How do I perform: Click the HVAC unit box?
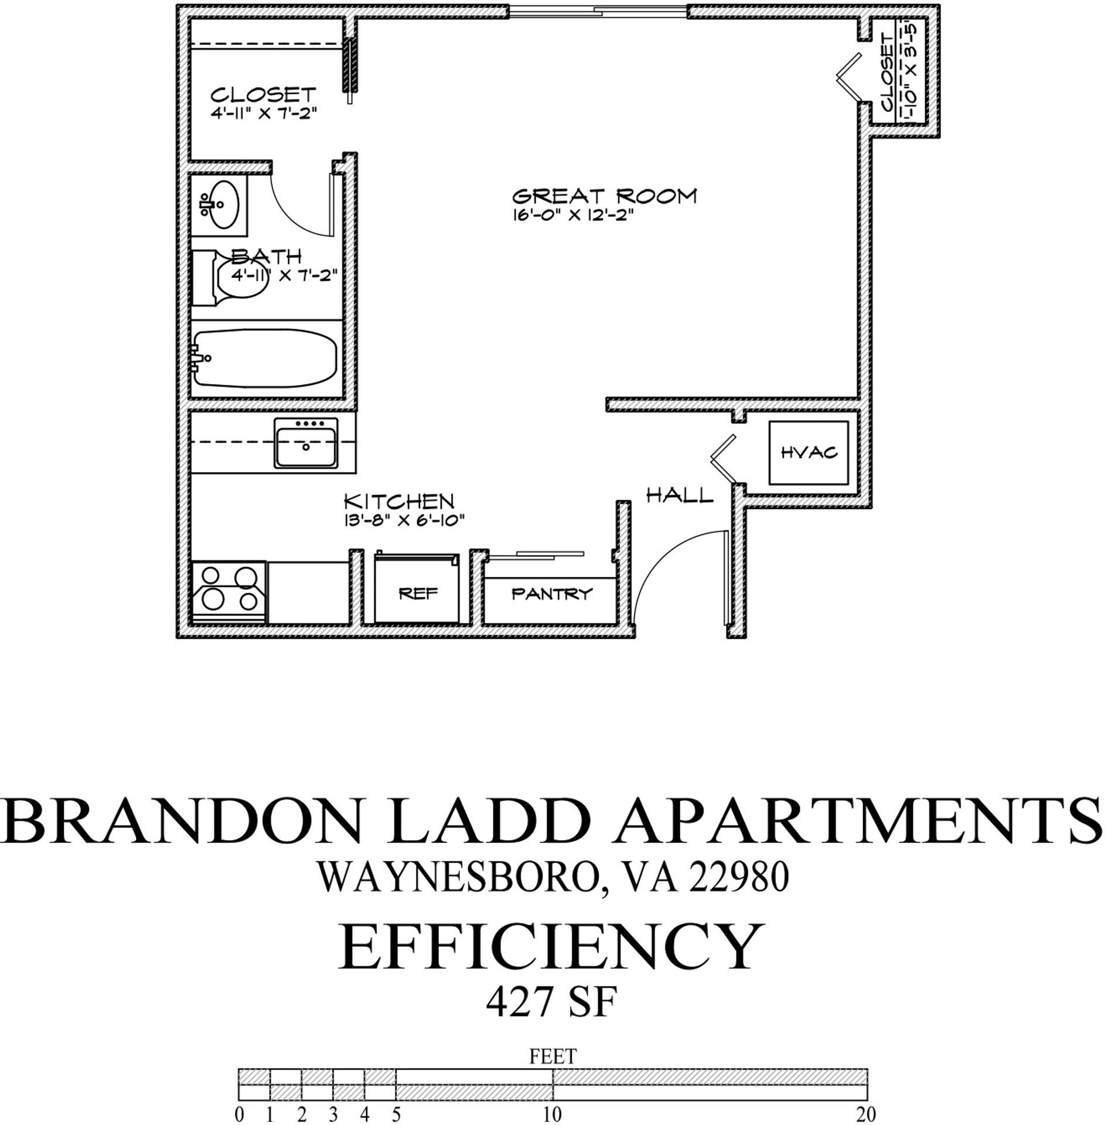809,452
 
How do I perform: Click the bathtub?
265,359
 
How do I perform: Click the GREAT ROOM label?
604,196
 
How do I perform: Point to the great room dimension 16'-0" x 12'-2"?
574,216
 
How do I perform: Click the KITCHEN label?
398,502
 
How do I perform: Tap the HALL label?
680,496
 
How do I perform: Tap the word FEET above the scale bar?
553,1056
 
